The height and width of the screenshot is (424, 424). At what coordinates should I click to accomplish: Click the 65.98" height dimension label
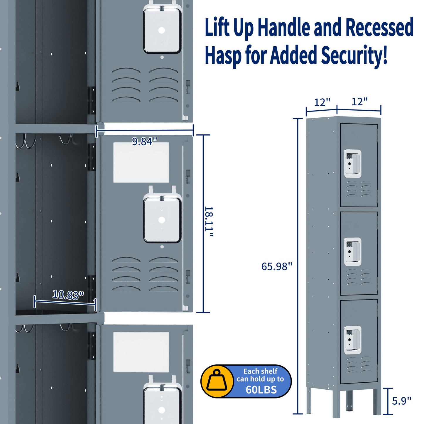click(276, 266)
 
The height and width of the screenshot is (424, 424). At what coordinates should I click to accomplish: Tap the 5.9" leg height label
click(401, 401)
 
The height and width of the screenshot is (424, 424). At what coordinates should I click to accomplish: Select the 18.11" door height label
click(209, 222)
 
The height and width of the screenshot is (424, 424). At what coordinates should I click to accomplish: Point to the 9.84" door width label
click(144, 141)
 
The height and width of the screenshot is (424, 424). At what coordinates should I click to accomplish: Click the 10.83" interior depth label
click(68, 295)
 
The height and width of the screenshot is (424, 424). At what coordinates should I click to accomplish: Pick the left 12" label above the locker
click(322, 102)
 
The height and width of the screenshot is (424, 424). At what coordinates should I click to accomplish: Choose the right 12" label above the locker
click(359, 102)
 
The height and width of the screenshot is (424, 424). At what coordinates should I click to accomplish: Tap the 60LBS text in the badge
click(261, 390)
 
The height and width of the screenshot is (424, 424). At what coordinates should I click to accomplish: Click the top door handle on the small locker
click(352, 163)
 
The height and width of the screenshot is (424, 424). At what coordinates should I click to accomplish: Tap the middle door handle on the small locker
click(352, 251)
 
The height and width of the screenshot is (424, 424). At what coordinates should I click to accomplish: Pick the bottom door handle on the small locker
click(352, 340)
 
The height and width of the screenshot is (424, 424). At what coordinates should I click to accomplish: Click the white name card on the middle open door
click(141, 162)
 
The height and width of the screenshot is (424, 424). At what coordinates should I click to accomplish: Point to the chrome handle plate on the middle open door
click(162, 220)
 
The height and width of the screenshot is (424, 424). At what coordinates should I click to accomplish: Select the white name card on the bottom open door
click(141, 352)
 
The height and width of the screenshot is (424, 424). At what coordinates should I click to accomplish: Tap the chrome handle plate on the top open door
click(162, 30)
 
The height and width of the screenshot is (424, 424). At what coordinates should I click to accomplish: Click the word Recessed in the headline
click(379, 27)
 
